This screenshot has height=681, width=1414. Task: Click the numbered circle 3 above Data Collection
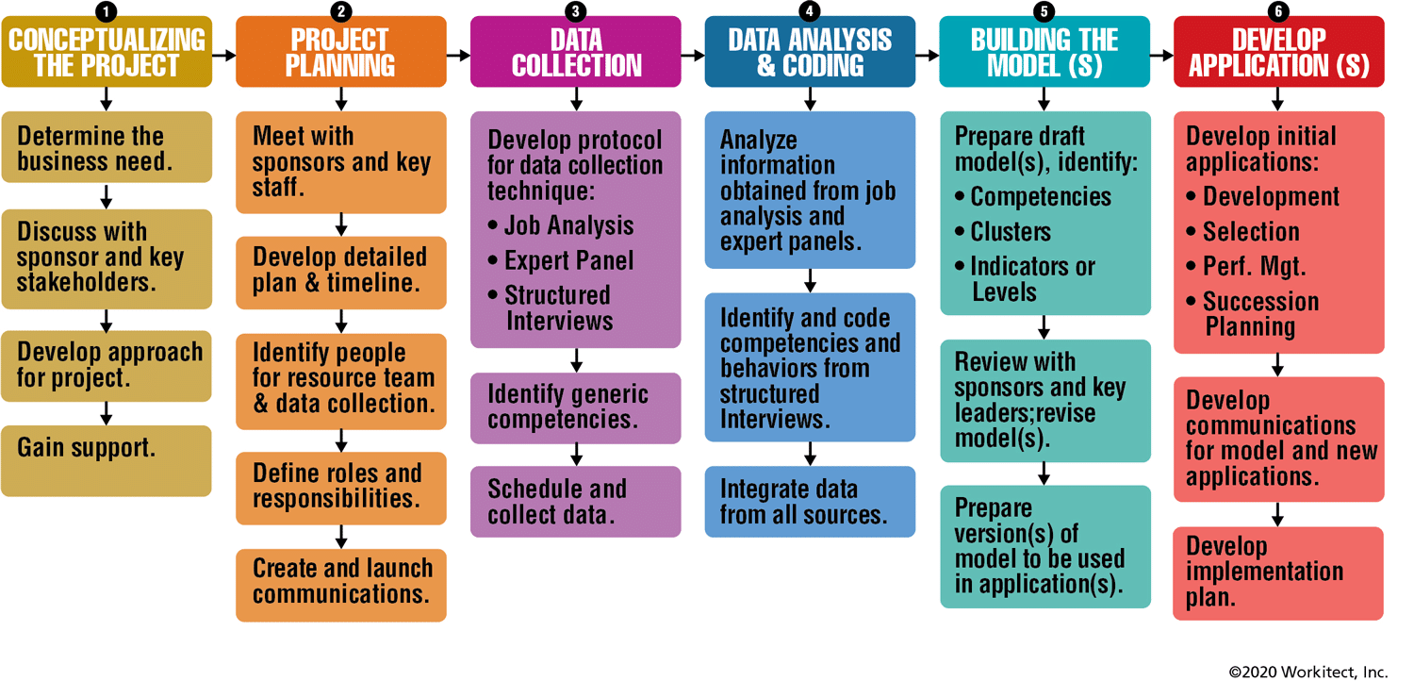575,10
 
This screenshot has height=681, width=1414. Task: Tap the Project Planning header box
341,52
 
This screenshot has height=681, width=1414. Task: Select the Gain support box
106,460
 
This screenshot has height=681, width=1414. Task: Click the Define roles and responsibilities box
341,488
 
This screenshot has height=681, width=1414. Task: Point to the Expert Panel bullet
561,260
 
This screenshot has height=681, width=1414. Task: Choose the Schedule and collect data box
576,502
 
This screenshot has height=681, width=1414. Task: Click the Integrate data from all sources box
810,502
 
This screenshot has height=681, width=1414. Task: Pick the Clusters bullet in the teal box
1003,232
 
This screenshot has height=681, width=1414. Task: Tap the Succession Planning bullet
1253,314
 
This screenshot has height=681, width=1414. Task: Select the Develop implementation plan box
1278,573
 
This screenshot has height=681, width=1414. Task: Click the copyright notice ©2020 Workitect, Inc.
1308,672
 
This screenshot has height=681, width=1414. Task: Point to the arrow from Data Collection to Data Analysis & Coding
693,56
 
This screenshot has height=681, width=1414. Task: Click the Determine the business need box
107,147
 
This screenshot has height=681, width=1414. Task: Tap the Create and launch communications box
341,586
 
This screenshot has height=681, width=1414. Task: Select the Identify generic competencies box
576,408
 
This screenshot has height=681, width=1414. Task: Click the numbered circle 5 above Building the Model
1044,10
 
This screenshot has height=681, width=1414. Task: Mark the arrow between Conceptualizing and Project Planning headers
224,56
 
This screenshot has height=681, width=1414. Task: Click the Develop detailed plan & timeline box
341,273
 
